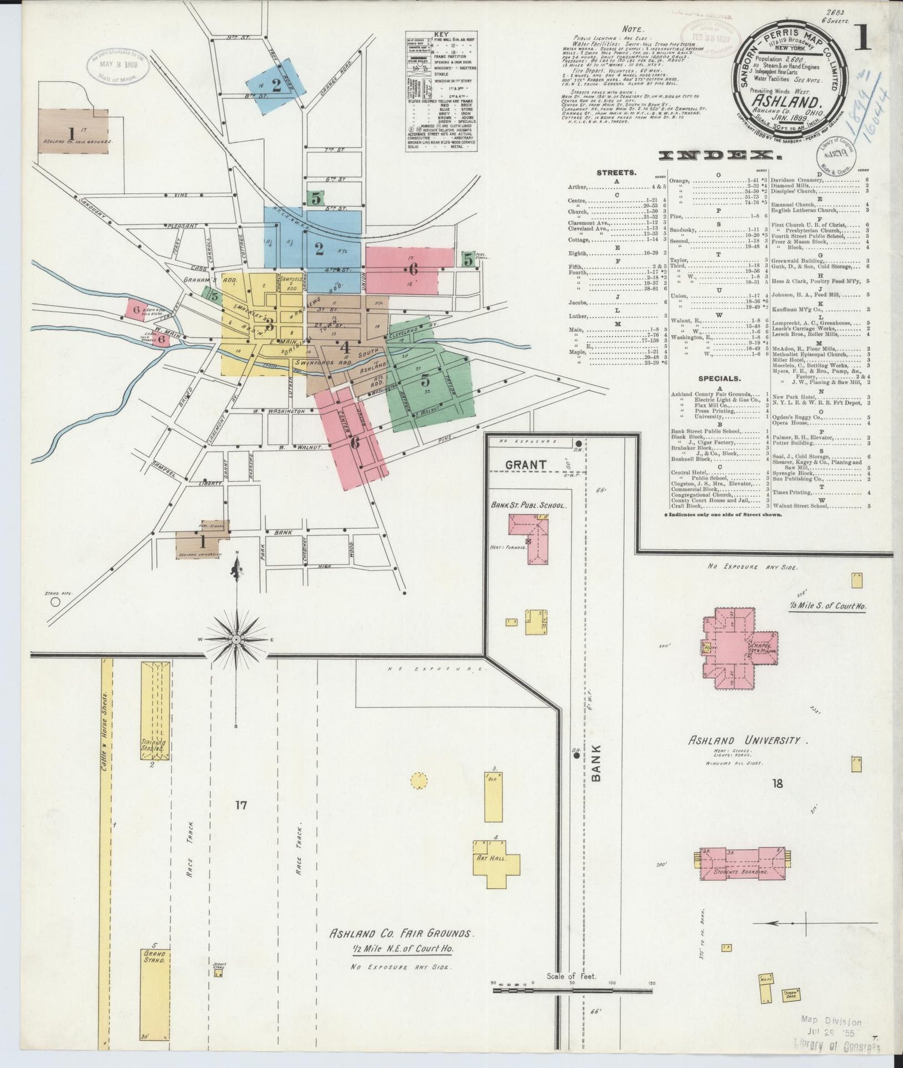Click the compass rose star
(237, 640)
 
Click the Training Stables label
(154, 746)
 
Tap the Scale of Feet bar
(572, 1006)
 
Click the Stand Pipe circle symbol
(55, 602)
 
